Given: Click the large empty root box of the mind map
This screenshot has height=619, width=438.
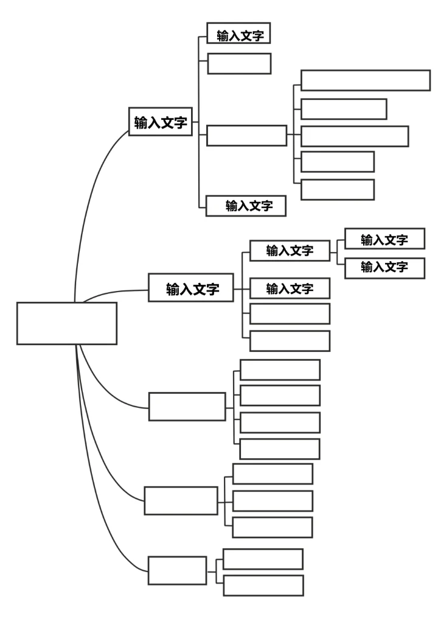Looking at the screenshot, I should click(x=66, y=323).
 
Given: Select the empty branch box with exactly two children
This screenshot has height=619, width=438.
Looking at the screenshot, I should click(x=177, y=570).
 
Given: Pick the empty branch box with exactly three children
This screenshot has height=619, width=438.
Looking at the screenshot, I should click(x=181, y=500).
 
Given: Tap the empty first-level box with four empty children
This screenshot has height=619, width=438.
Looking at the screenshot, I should click(x=187, y=406).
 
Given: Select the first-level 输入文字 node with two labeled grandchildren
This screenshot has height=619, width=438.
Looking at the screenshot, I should click(x=192, y=289).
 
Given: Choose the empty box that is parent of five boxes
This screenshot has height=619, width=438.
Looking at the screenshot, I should click(x=246, y=135).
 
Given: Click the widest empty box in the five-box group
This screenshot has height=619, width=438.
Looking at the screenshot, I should click(x=365, y=80).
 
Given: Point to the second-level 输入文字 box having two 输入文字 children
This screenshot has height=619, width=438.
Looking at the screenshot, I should click(x=290, y=250).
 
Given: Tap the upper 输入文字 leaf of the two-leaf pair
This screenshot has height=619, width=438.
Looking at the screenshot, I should click(x=384, y=239).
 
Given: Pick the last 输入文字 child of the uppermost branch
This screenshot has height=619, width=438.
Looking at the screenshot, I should click(x=246, y=206).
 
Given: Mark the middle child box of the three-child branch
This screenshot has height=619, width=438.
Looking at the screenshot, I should click(x=273, y=500).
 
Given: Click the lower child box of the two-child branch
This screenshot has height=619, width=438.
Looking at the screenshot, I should click(x=263, y=586).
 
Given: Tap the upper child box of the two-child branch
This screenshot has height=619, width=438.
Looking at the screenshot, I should click(x=263, y=559).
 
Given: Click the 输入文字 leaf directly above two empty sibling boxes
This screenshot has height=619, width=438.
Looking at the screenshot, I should click(x=290, y=288).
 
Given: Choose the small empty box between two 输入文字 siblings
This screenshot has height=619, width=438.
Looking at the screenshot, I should click(x=239, y=63).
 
